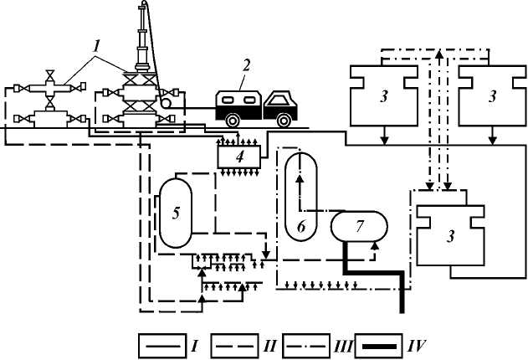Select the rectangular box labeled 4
click(x=238, y=156)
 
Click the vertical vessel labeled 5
click(x=176, y=212)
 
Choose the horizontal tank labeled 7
click(x=360, y=225)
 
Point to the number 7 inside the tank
click(x=361, y=226)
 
